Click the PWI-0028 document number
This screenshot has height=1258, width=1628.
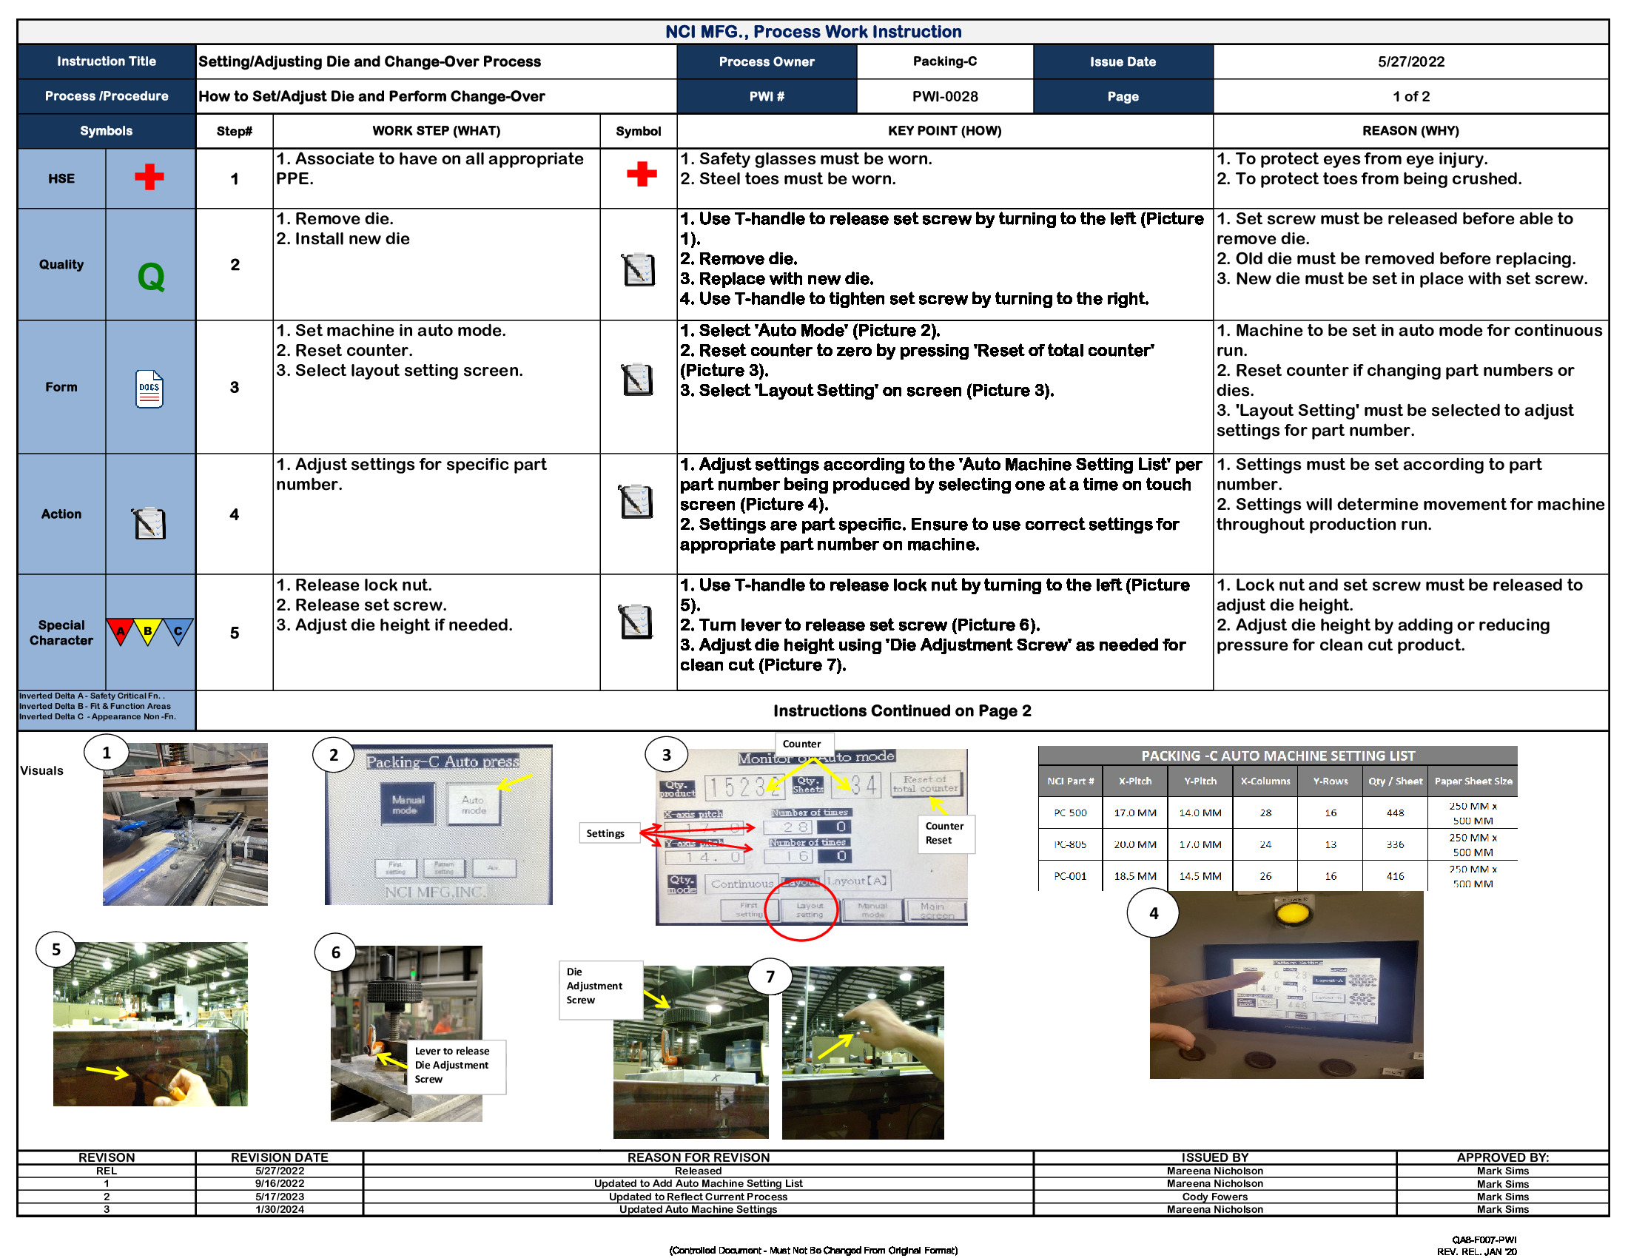pos(944,96)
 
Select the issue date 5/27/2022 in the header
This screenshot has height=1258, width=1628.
pos(1410,62)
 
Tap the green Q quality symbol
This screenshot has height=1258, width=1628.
pos(150,277)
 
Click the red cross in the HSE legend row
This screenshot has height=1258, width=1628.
pos(149,178)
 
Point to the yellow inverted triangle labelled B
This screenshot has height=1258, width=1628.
pos(148,631)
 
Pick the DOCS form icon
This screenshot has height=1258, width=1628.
pos(149,388)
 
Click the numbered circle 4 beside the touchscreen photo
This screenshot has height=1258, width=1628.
pos(1153,913)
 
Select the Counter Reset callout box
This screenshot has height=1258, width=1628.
pos(943,833)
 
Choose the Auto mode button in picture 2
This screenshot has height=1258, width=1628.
pos(474,805)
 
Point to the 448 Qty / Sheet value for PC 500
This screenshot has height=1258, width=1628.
pos(1395,813)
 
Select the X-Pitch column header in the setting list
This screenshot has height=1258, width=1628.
pos(1134,781)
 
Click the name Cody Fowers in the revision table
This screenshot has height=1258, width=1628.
pos(1214,1197)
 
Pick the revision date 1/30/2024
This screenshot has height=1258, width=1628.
pos(280,1210)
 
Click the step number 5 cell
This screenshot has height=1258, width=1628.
pos(234,633)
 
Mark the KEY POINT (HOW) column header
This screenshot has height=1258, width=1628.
pos(944,131)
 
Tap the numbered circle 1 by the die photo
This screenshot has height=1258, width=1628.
pos(107,753)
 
